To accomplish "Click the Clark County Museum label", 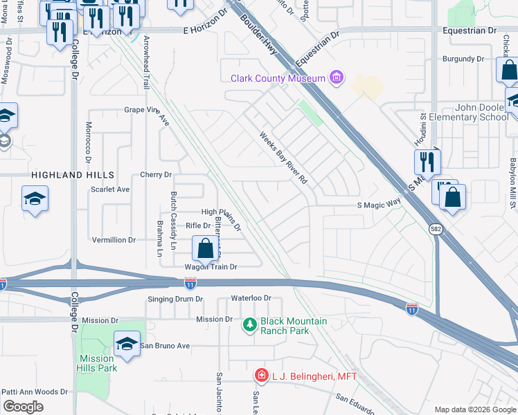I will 278,79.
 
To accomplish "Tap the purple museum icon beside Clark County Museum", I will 337,77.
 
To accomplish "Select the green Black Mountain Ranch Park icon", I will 249,324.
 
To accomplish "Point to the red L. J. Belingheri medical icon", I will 261,376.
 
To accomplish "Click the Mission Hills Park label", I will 96,363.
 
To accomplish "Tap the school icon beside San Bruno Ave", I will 127,344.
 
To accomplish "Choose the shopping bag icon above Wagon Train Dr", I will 206,249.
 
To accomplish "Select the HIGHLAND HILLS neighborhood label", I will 72,176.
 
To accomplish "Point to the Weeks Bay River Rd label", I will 283,158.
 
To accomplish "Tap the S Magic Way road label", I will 379,204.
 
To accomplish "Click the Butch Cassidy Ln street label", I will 174,212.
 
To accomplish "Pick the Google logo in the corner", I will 24,406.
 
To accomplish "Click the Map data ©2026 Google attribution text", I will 474,409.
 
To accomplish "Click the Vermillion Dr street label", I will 114,240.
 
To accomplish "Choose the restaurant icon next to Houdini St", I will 427,161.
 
